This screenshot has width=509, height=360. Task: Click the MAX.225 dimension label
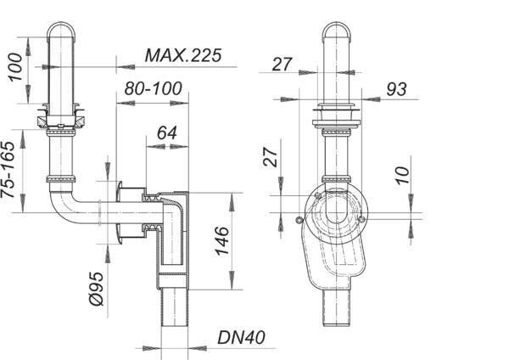click(x=183, y=55)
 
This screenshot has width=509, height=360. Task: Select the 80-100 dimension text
click(x=153, y=88)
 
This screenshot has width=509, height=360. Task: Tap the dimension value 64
click(x=167, y=133)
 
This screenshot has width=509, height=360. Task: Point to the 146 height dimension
click(x=222, y=241)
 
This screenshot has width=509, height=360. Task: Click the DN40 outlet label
click(x=241, y=337)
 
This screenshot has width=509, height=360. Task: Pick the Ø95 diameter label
click(x=97, y=289)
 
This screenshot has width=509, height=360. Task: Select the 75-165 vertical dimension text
click(x=8, y=170)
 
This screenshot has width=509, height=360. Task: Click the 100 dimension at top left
click(x=15, y=67)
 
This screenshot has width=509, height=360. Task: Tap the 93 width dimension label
click(x=396, y=89)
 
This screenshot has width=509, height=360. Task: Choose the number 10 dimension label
click(x=403, y=176)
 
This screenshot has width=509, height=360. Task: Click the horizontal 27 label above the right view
click(x=282, y=64)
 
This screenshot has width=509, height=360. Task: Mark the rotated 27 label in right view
click(x=271, y=157)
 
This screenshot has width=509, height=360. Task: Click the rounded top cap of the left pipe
click(x=61, y=31)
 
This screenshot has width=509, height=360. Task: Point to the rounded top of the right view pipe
click(x=337, y=31)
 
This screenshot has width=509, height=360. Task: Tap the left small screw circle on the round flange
click(x=299, y=220)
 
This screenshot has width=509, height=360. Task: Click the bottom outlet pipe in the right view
click(x=337, y=307)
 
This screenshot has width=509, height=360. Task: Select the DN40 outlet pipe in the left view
click(x=175, y=307)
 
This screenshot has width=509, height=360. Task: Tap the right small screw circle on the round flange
click(x=362, y=220)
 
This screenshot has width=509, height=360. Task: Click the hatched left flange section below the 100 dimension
click(x=42, y=122)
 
